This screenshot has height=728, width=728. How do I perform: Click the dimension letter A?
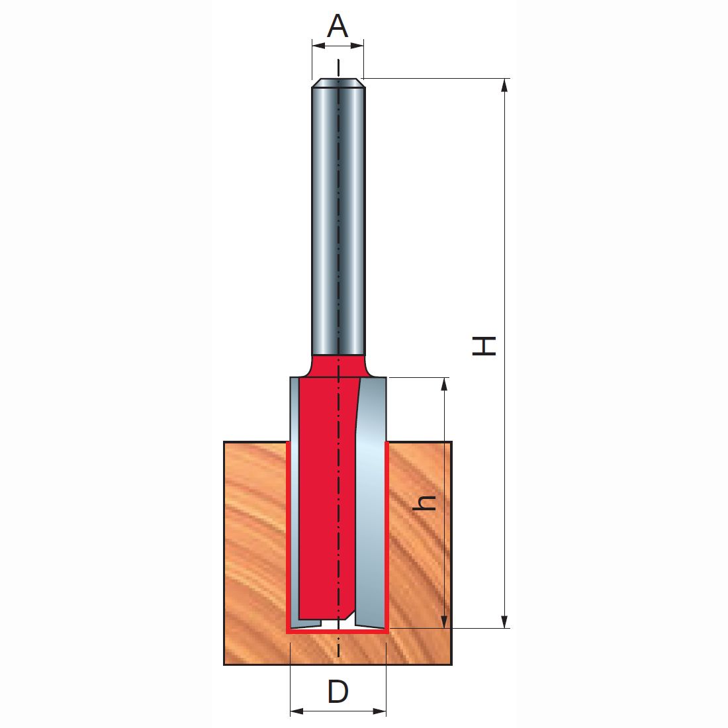pos(338,26)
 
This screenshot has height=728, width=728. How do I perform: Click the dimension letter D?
pos(338,692)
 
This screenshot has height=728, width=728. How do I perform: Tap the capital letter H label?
pos(484,346)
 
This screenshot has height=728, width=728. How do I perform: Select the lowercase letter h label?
pos(424,503)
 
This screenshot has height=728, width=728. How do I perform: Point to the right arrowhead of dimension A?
pos(357,46)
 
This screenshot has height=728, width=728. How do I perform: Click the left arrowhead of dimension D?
pos(296,711)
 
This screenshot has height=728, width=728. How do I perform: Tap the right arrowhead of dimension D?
pos(379,711)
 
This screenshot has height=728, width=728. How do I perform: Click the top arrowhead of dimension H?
pos(505,85)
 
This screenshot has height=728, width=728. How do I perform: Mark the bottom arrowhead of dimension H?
pos(505,621)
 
